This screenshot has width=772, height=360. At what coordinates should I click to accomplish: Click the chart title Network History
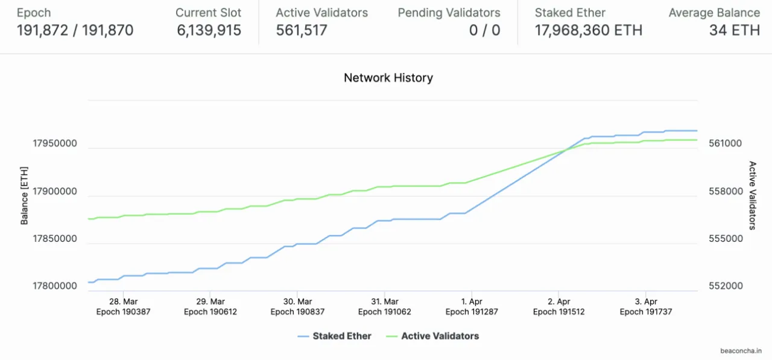point(388,78)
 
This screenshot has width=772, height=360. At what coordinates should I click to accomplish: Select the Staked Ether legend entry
point(341,336)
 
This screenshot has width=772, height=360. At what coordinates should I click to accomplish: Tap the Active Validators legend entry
point(440,336)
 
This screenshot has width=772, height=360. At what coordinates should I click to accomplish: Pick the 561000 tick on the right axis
point(726,144)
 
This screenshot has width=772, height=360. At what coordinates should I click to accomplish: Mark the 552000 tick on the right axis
point(726,286)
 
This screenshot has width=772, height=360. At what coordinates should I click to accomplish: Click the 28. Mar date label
point(123,302)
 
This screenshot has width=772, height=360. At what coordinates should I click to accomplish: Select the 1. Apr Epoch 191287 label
point(472,306)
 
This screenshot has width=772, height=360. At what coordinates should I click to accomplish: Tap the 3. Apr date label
point(646,302)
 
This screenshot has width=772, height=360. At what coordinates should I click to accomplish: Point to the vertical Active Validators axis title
point(752,195)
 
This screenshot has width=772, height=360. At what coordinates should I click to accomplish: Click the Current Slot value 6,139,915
point(209,30)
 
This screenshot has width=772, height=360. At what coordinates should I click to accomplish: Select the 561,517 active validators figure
point(302,30)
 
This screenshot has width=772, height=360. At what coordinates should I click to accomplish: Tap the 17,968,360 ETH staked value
point(588,30)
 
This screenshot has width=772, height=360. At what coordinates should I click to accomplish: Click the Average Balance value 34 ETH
point(734,30)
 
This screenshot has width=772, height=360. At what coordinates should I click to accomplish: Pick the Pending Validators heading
point(449,13)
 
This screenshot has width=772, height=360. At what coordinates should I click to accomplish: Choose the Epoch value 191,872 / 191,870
point(75,30)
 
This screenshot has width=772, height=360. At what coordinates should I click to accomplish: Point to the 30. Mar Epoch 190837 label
point(297,306)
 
